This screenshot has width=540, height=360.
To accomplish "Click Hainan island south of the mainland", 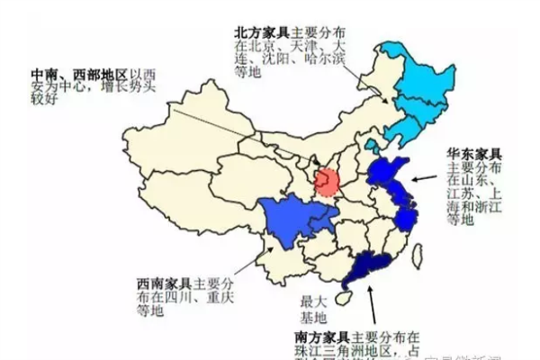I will tap(343, 298).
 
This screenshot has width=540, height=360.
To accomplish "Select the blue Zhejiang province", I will tap(407, 216).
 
